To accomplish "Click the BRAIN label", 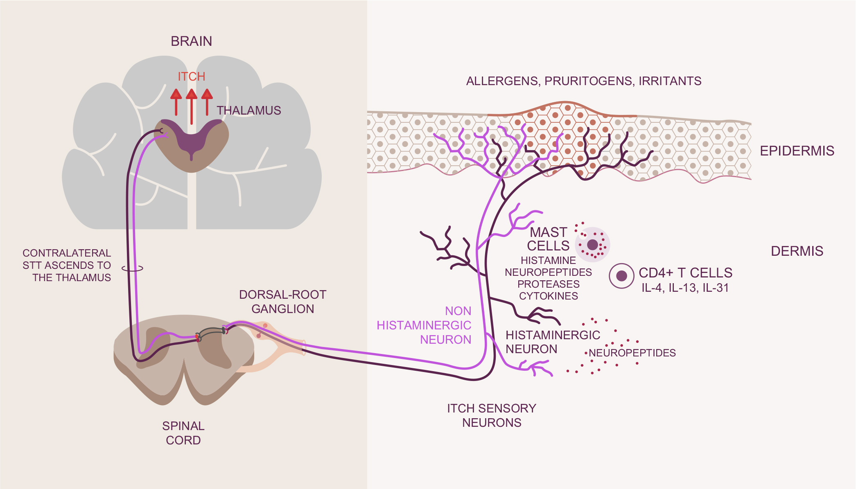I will click(191, 41).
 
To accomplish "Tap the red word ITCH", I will click(191, 77).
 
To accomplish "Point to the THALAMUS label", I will click(248, 110).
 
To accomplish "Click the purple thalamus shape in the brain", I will click(191, 137).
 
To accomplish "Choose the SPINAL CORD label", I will click(183, 433).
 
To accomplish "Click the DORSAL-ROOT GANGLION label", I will click(282, 302).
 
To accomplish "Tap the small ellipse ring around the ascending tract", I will click(132, 268).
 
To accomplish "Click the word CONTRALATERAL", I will click(67, 253).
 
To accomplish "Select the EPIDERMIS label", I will click(797, 151).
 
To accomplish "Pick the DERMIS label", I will click(797, 251).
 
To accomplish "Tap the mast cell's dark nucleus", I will click(592, 245).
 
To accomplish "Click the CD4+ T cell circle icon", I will click(621, 276).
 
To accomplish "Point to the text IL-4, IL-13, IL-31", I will click(685, 288).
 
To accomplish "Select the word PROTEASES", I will click(548, 284).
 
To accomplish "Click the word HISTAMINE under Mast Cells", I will click(548, 260).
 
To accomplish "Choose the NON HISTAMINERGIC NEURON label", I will click(424, 325).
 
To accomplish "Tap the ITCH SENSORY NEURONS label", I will click(491, 415).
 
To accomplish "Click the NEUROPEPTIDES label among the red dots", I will click(632, 353).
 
